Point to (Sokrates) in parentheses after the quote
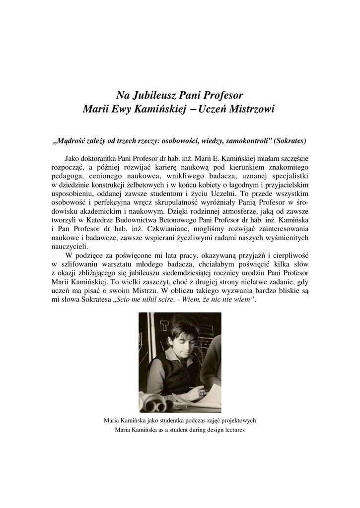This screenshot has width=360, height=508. [x=288, y=140]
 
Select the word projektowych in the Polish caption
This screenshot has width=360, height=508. [x=239, y=421]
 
